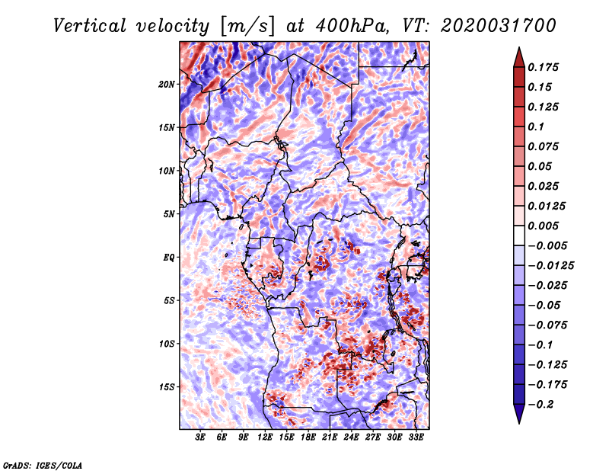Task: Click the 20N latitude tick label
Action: (167, 84)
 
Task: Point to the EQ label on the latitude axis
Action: (168, 257)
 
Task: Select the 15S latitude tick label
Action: (167, 386)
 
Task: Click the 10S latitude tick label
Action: (167, 344)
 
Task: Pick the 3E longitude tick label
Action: (201, 437)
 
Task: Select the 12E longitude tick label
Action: (266, 437)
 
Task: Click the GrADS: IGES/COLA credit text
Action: (42, 464)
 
